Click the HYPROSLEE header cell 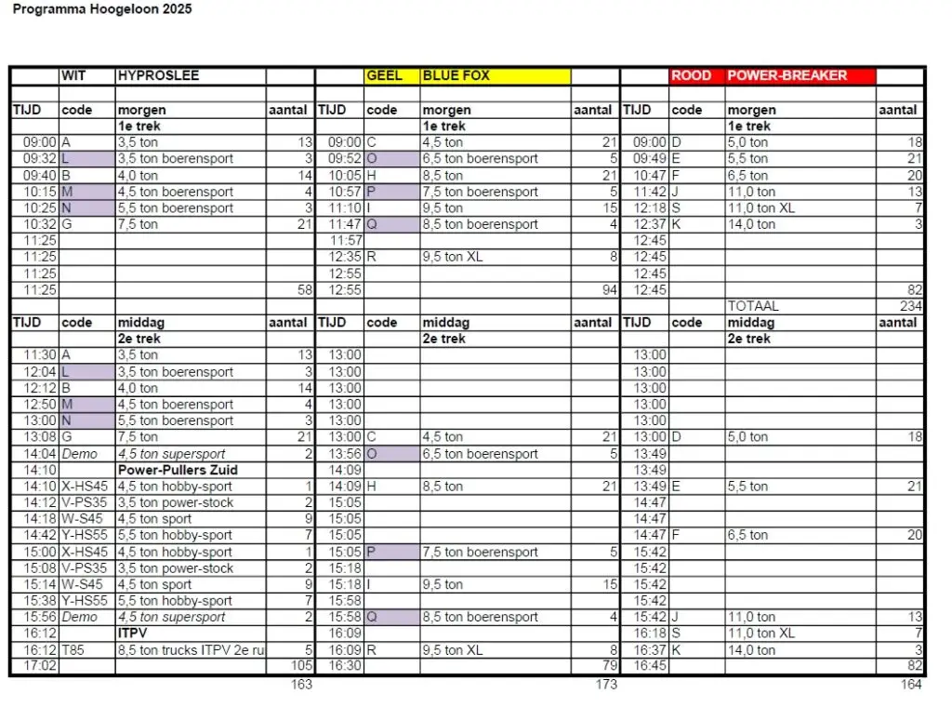158,75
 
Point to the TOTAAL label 753,306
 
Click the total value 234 910,306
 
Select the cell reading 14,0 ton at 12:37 751,224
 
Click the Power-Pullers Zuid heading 178,470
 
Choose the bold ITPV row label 134,634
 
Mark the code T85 73,650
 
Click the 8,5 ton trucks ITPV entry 191,650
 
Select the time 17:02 40,666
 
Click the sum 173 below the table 605,685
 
